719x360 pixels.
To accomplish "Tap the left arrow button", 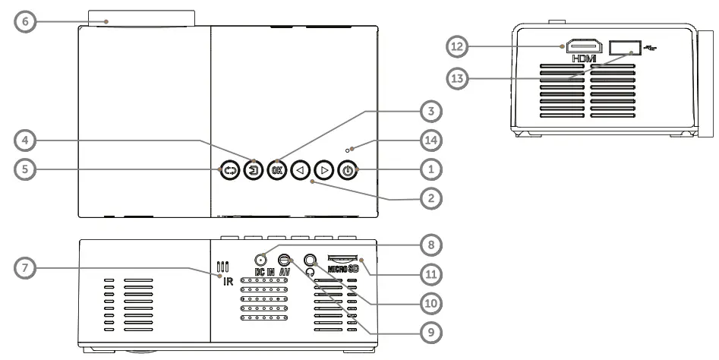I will [x=301, y=171].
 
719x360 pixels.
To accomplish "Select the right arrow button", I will [x=324, y=171].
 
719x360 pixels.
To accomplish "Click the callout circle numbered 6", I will [x=26, y=21].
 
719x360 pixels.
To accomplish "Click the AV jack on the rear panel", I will [x=285, y=259].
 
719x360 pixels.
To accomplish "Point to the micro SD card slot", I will [x=342, y=259].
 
